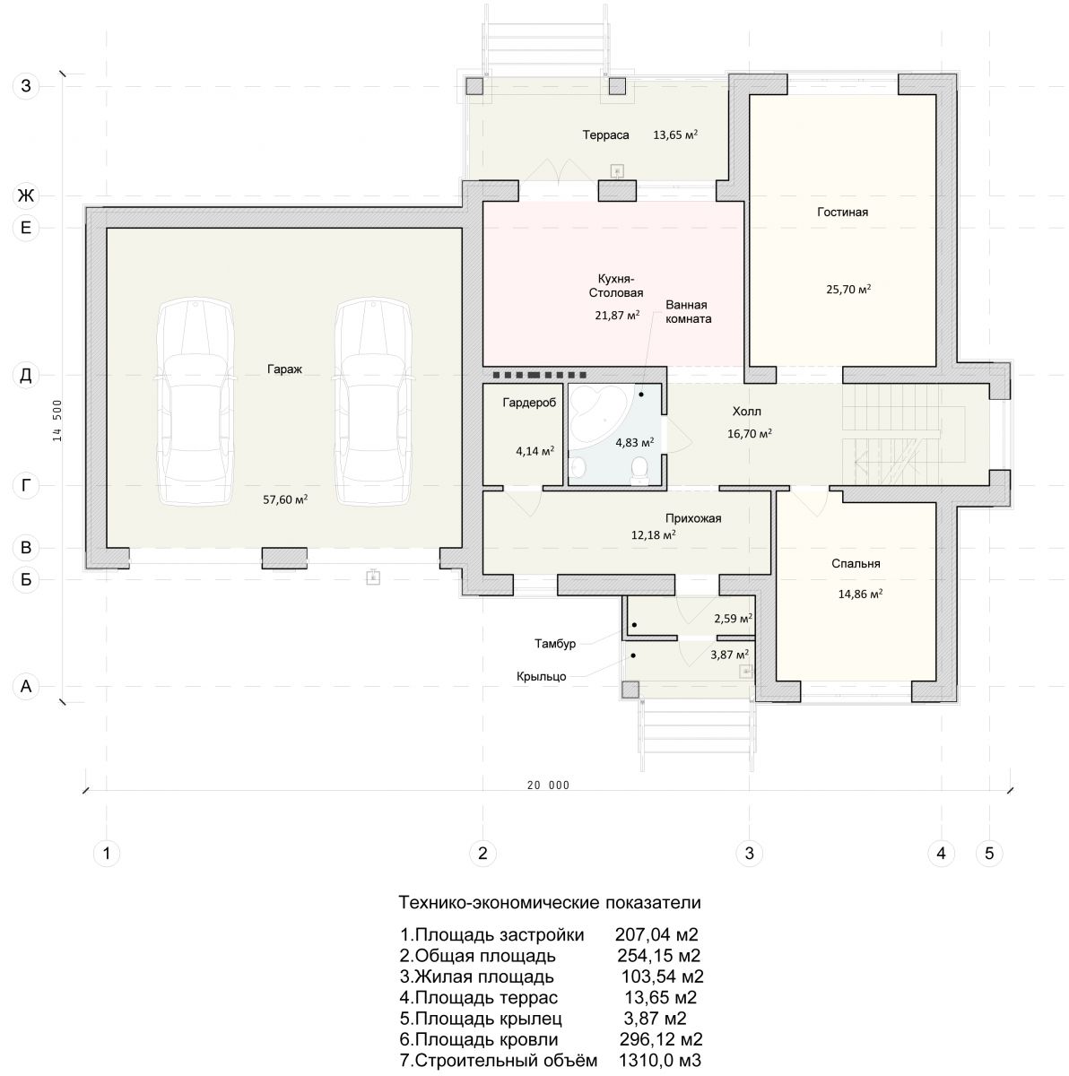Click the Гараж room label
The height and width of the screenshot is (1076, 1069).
[x=284, y=369]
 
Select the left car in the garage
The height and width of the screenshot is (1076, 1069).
[x=195, y=402]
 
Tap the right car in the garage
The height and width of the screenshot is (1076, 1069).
[x=372, y=402]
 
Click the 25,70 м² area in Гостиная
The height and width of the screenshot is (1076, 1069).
[x=848, y=290]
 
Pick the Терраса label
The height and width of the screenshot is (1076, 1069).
[x=605, y=135]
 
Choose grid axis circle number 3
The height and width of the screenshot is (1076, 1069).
[x=749, y=853]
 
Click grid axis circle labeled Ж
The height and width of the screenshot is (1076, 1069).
[x=26, y=196]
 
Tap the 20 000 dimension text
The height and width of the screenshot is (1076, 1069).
[x=548, y=785]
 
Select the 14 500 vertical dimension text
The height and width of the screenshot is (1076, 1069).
[x=57, y=421]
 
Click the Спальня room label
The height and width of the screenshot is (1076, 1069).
[x=856, y=564]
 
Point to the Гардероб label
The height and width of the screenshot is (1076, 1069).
[x=529, y=403]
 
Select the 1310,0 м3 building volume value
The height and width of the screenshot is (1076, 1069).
[x=660, y=1061]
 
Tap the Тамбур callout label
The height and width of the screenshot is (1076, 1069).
[x=554, y=644]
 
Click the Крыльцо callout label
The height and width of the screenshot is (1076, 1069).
[x=541, y=677]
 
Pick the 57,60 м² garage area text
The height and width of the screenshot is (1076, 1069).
[x=285, y=499]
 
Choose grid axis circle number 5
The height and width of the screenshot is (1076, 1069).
[x=989, y=853]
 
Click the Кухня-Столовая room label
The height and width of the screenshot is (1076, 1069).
[x=616, y=285]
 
